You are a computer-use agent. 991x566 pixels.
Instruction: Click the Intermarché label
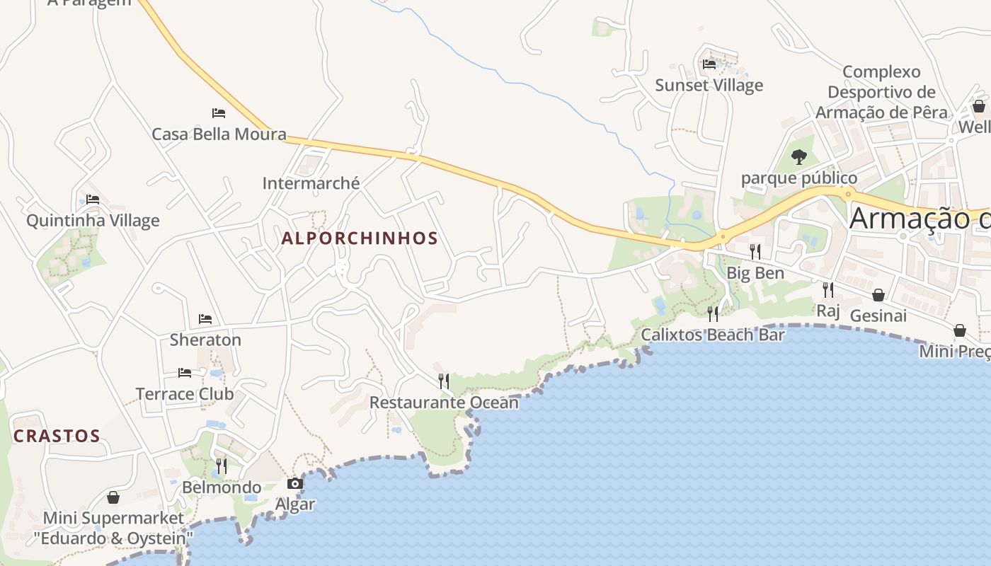(x=311, y=183)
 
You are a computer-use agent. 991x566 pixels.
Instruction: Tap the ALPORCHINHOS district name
(x=360, y=238)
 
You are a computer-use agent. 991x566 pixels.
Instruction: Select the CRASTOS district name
(x=57, y=436)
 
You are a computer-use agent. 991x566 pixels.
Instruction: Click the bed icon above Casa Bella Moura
(x=219, y=112)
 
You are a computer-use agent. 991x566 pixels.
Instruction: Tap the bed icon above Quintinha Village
(x=93, y=200)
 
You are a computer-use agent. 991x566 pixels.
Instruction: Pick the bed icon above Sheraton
(x=205, y=319)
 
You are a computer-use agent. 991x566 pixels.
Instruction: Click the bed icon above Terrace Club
(x=185, y=372)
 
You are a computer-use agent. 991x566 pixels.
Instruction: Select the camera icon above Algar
(x=295, y=484)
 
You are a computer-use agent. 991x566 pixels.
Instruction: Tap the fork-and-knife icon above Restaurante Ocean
(x=444, y=381)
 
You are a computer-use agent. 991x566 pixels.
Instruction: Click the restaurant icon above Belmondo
(x=222, y=466)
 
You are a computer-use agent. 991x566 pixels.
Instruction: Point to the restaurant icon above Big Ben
(x=755, y=251)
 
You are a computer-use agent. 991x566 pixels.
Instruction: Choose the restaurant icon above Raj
(x=827, y=289)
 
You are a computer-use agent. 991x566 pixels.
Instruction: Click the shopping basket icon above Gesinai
(x=878, y=294)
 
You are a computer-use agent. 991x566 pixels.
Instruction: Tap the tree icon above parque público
(x=799, y=156)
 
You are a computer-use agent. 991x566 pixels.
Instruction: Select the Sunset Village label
(x=709, y=86)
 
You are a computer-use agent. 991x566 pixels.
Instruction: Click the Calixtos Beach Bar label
(x=713, y=335)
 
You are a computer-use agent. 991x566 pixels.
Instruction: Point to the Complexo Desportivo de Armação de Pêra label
(x=881, y=92)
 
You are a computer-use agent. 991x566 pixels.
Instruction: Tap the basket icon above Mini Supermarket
(x=113, y=497)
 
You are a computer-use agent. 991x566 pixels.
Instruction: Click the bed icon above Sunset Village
(x=709, y=64)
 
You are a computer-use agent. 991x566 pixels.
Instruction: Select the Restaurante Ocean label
(x=444, y=403)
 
